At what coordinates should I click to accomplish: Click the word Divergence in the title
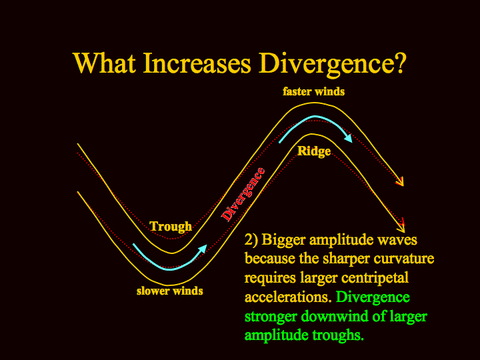tap(326, 65)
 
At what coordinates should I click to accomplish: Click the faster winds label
tap(313, 91)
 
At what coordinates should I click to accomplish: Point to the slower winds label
tap(169, 291)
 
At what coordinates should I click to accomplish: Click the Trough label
tap(171, 227)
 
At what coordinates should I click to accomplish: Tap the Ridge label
tap(314, 151)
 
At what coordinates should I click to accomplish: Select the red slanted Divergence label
tap(243, 195)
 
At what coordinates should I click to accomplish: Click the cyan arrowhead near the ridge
tap(348, 138)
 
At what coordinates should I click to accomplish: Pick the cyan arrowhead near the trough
tap(202, 249)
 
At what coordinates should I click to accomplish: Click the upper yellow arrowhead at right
tap(401, 182)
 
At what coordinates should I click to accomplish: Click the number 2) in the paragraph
tap(251, 240)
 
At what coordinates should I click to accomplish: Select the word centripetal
tap(375, 279)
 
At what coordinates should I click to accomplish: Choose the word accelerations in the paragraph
tap(288, 297)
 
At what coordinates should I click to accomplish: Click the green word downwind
tap(335, 316)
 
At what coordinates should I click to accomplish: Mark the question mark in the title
tap(401, 63)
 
